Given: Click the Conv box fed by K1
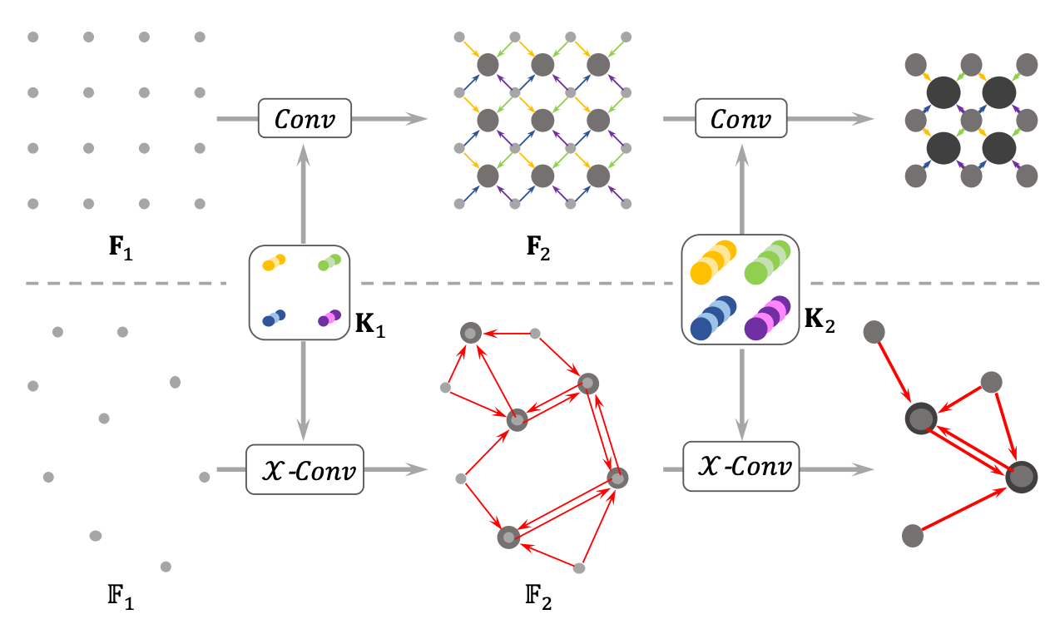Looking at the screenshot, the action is coord(305,118).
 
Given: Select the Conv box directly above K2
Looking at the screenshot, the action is coord(741,118).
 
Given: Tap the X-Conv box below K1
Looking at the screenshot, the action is coord(305,469).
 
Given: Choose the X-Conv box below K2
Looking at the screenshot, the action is coord(741,467).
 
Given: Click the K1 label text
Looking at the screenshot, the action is coord(370,324).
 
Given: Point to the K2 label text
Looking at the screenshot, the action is coord(820,319).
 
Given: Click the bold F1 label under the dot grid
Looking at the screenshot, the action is coord(121,248).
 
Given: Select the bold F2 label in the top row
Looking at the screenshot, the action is coord(538,248).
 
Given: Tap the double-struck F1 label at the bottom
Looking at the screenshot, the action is coord(121,597).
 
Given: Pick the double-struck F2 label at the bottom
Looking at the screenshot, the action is coord(538,597).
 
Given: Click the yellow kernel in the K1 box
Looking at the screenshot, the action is coord(274,263).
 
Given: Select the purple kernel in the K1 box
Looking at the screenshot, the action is coord(329,318).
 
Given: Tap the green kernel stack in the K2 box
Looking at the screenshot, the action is coord(768,263).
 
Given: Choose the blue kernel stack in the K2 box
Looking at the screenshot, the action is coord(713,318).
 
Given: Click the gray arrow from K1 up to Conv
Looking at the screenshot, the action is coord(304,194).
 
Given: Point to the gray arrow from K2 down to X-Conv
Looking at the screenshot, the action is coord(741,394).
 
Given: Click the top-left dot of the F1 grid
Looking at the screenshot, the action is coord(32,37).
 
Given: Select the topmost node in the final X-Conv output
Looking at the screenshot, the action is coord(874,332).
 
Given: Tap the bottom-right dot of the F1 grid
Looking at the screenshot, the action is coord(200,204).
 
